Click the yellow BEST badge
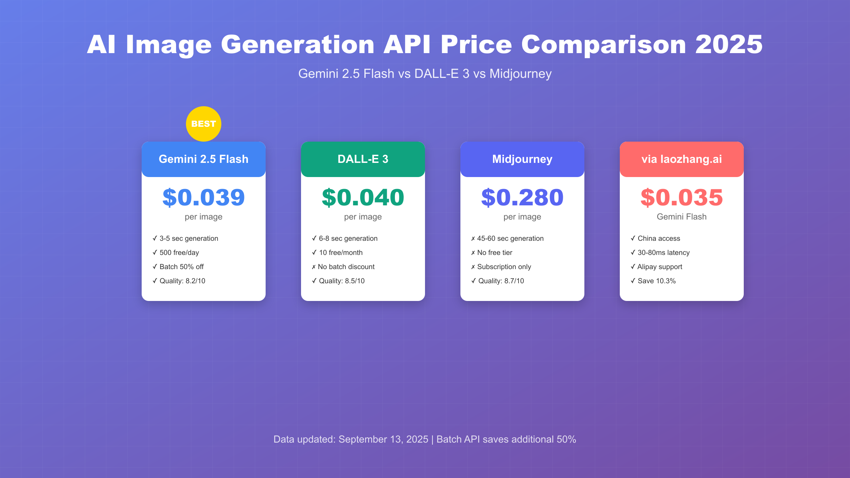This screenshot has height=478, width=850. (x=204, y=124)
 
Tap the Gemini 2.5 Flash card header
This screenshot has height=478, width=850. (x=204, y=159)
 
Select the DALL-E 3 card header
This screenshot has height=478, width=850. (x=363, y=159)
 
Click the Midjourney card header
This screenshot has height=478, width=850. (x=522, y=159)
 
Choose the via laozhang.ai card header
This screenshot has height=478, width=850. (x=682, y=159)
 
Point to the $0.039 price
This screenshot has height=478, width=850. (x=204, y=197)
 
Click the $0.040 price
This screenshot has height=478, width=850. (x=363, y=197)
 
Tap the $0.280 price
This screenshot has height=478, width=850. (x=522, y=197)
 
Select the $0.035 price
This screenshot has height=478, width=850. (x=682, y=197)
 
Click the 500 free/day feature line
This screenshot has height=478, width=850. (x=179, y=252)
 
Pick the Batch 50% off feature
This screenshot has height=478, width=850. (x=181, y=267)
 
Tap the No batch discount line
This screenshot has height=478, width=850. (x=346, y=267)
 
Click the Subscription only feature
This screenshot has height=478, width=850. (x=504, y=267)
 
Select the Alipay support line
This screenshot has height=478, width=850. (x=659, y=267)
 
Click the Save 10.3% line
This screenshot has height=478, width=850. (x=656, y=281)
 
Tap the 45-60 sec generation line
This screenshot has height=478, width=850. (x=510, y=238)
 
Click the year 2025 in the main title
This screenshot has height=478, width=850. (x=729, y=45)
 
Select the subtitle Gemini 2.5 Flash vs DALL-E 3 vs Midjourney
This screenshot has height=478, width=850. (x=425, y=74)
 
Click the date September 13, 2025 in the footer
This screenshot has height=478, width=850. (x=383, y=439)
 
